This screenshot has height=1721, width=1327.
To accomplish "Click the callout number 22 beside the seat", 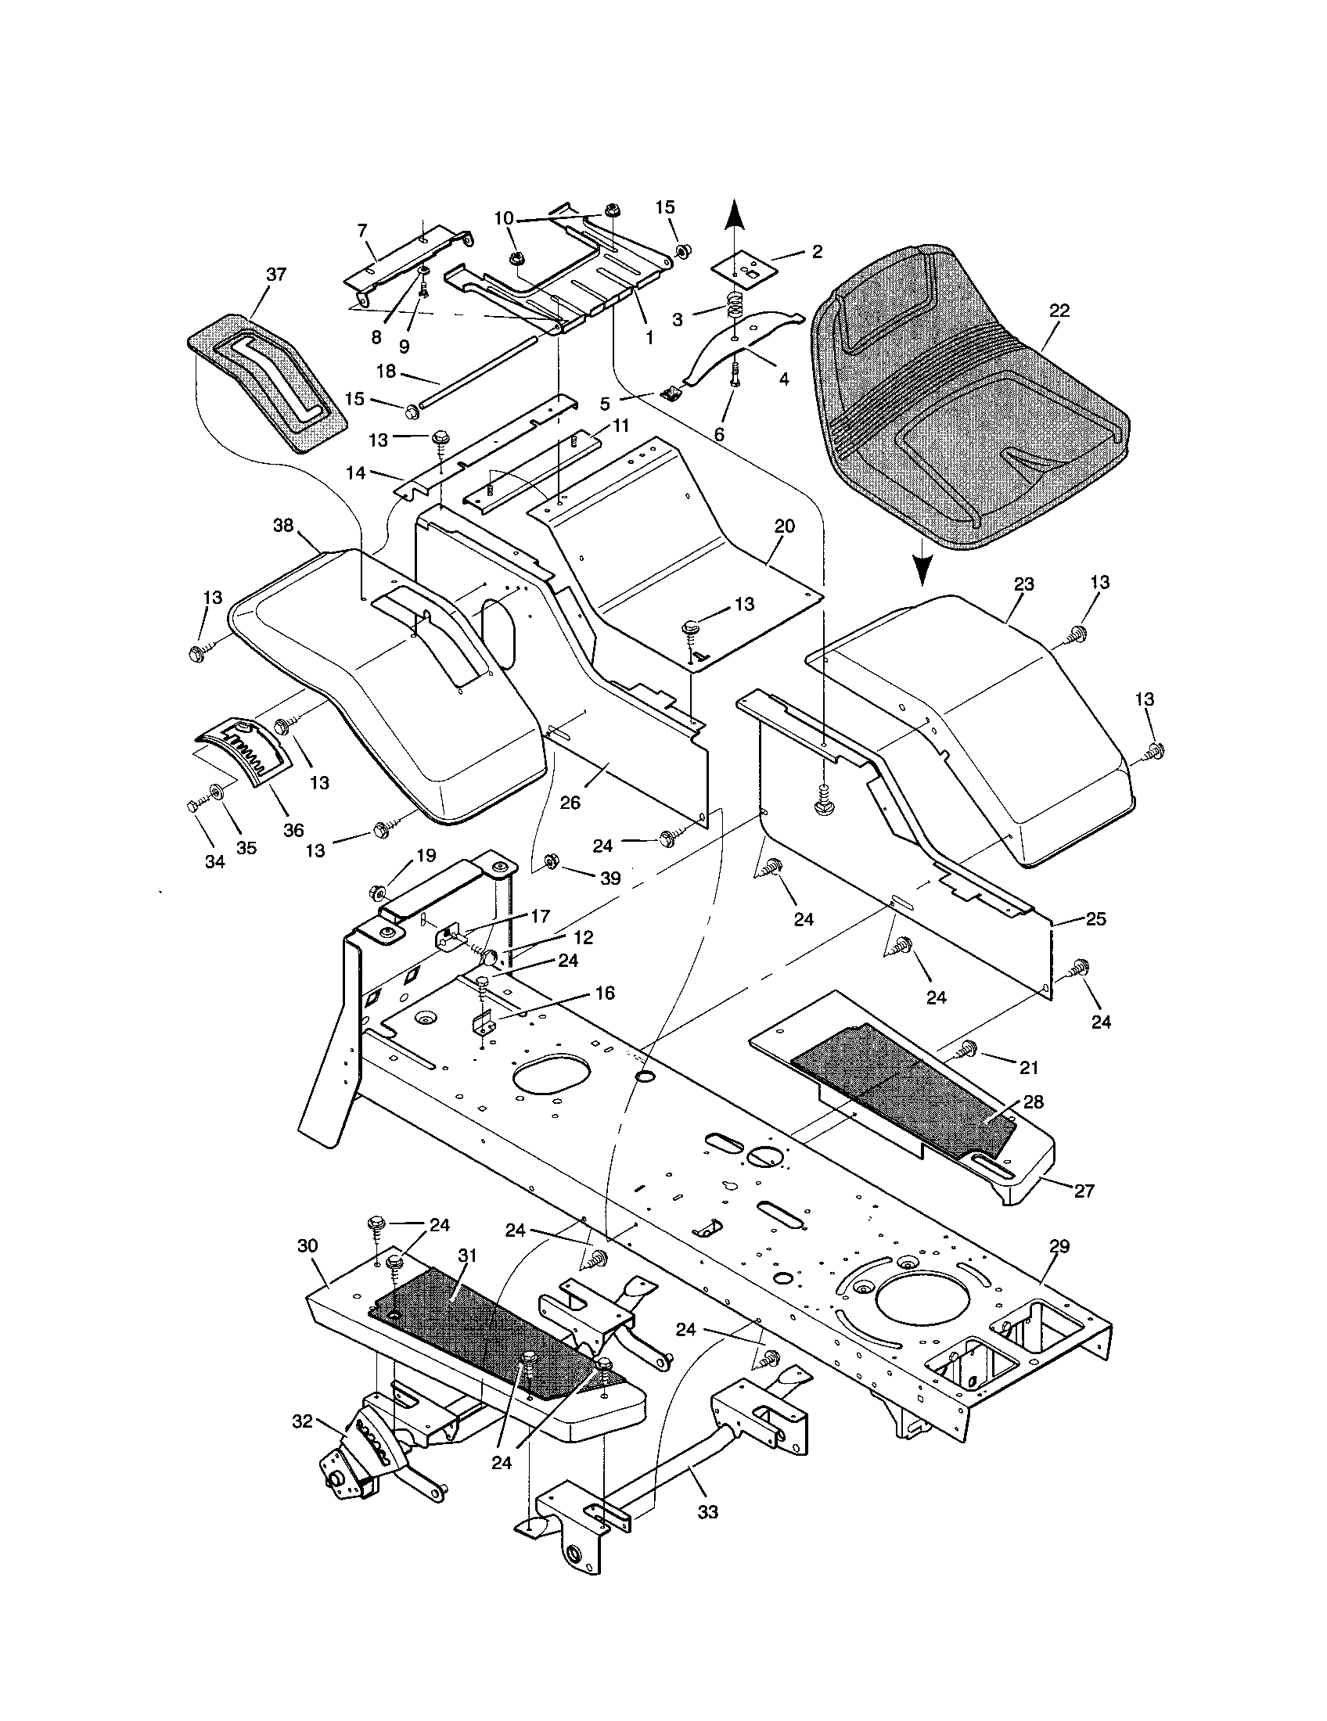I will [1059, 311].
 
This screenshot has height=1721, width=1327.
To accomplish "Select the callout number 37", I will [275, 275].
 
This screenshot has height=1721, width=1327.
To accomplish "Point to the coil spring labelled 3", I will [735, 304].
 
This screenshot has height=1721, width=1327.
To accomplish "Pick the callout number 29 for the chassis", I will [1059, 1247].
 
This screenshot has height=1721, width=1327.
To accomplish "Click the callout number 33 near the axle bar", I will [707, 1512].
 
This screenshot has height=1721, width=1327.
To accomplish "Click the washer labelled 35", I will [215, 789].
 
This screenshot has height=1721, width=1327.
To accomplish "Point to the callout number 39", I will [610, 878].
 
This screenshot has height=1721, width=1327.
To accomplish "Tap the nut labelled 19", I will [376, 893].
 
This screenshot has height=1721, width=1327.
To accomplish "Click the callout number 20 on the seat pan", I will [784, 526].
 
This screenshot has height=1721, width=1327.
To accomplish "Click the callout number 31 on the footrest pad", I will [469, 1255].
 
